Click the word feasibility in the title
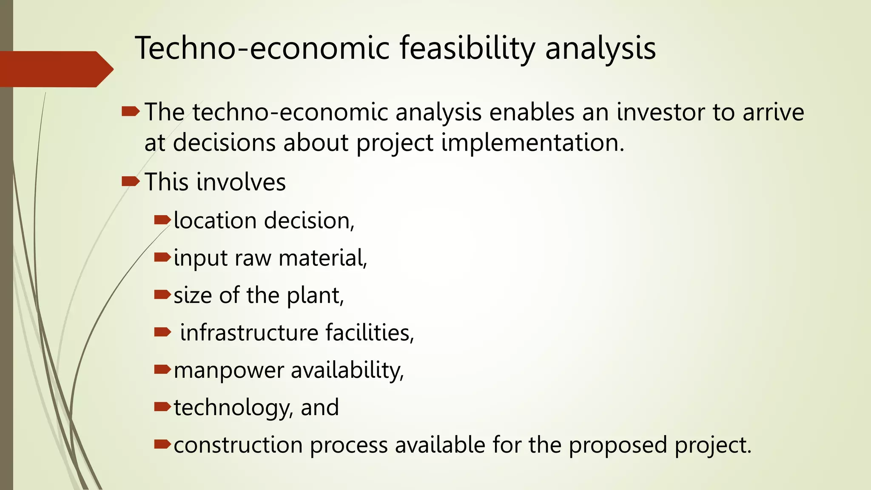click(467, 48)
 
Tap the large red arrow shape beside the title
click(55, 69)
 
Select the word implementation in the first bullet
click(532, 142)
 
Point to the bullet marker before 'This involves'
click(130, 182)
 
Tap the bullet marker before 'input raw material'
click(162, 257)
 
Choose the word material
click(323, 258)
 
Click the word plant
click(315, 296)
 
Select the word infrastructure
click(249, 333)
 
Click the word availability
click(347, 370)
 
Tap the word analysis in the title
click(600, 48)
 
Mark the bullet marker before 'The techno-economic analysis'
click(130, 112)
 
